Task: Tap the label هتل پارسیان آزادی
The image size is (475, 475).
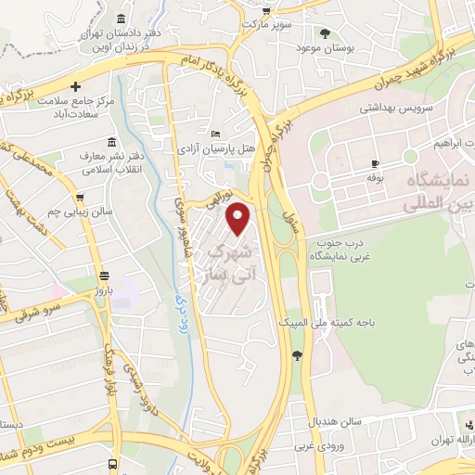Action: tap(216, 148)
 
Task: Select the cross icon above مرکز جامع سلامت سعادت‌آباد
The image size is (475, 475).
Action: tap(88, 86)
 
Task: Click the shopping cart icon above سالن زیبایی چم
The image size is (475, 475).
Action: tap(82, 198)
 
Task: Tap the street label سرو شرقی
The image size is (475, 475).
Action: tap(37, 312)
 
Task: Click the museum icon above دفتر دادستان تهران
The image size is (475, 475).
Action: tap(122, 19)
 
